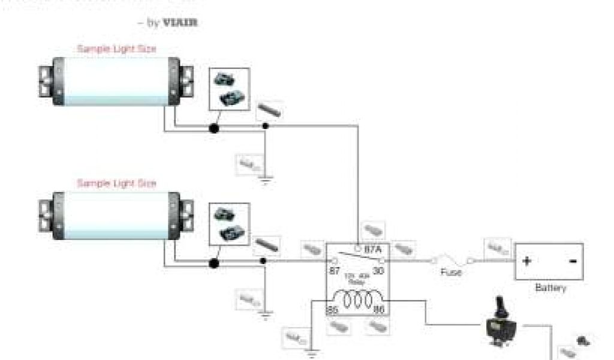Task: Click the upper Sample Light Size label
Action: [117, 49]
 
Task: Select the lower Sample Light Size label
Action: [117, 183]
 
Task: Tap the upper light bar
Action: [114, 82]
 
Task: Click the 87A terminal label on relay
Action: [373, 248]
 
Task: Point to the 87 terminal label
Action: [334, 271]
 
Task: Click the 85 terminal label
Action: [333, 310]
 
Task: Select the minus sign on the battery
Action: [572, 262]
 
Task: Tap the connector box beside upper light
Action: [228, 89]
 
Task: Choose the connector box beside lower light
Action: [228, 224]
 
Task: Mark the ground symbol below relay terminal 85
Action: [311, 353]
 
